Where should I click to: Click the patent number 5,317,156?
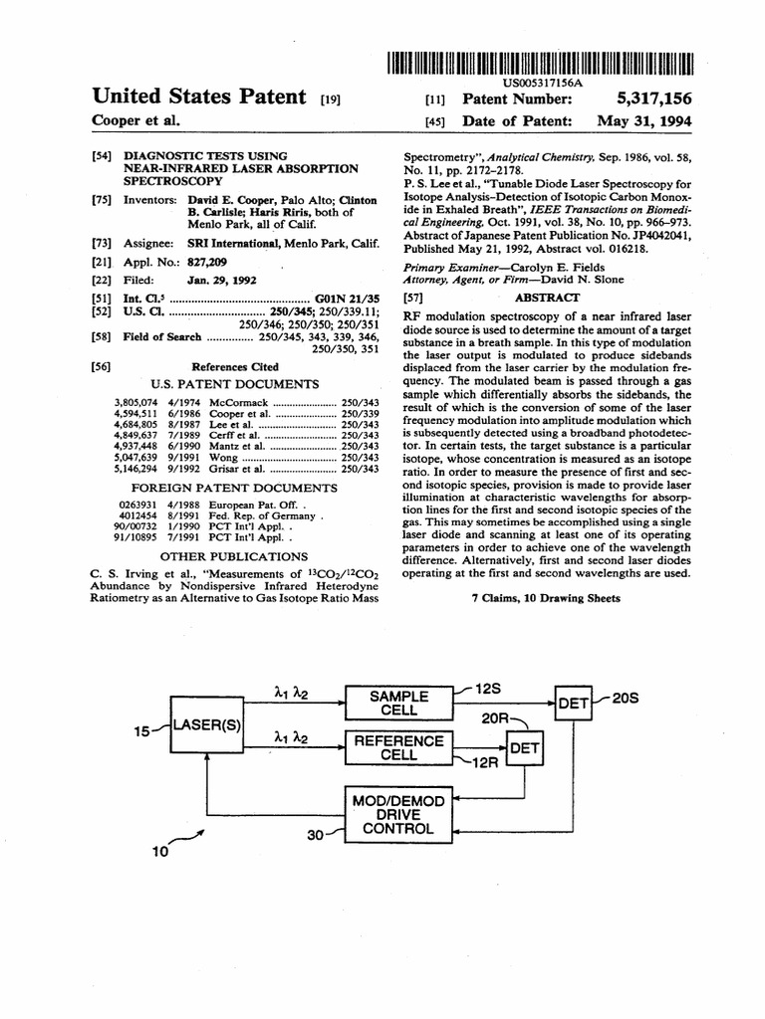(x=652, y=99)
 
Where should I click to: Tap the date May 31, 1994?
(x=644, y=121)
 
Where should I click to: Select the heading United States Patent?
(x=198, y=97)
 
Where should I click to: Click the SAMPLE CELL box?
(x=398, y=704)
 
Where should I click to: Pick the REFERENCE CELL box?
(x=398, y=747)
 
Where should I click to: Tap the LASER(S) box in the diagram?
(x=207, y=724)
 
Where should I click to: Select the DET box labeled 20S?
(x=574, y=704)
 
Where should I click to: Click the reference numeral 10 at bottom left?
(x=159, y=852)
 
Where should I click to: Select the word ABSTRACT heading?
(x=547, y=298)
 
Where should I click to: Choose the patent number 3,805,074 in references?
(x=138, y=402)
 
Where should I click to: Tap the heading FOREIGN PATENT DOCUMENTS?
(x=235, y=488)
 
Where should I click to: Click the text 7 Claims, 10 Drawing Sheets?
(x=546, y=598)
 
